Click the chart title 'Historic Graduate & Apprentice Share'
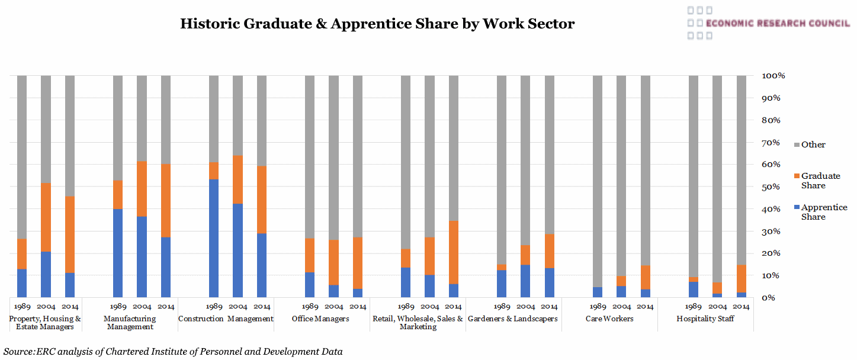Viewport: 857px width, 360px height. pos(377,24)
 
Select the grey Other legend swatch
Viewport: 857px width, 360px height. pos(797,144)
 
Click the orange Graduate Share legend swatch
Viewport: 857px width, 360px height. pos(797,176)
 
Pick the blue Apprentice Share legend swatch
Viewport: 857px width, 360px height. pos(797,207)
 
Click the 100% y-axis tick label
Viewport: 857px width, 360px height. pos(773,76)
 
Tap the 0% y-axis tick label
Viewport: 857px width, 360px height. pos(770,298)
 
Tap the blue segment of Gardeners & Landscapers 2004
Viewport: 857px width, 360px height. pos(525,281)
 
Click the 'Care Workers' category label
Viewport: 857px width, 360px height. pos(609,319)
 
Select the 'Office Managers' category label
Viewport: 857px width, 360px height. pos(320,319)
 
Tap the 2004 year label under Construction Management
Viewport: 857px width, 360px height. pos(238,307)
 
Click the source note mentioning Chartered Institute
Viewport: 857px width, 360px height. pos(173,352)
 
